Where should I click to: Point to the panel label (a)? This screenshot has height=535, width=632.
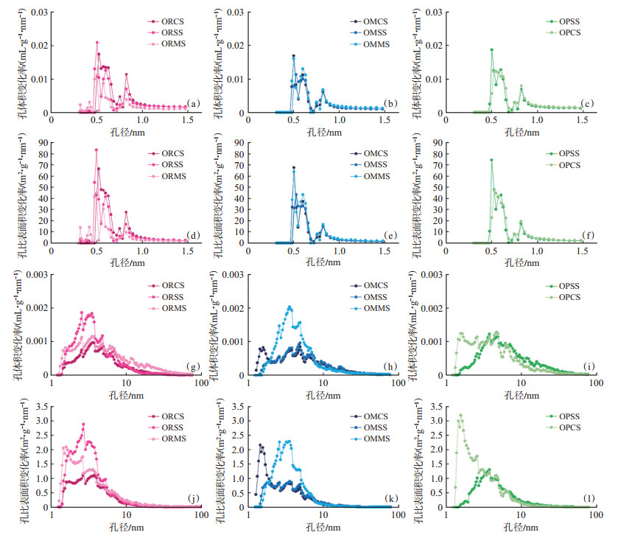193,103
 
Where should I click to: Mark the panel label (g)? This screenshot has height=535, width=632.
192,366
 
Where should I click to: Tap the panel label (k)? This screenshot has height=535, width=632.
390,498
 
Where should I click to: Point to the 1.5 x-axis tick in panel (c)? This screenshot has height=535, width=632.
582,119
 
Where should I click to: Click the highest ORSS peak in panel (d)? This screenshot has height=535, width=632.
96,150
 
